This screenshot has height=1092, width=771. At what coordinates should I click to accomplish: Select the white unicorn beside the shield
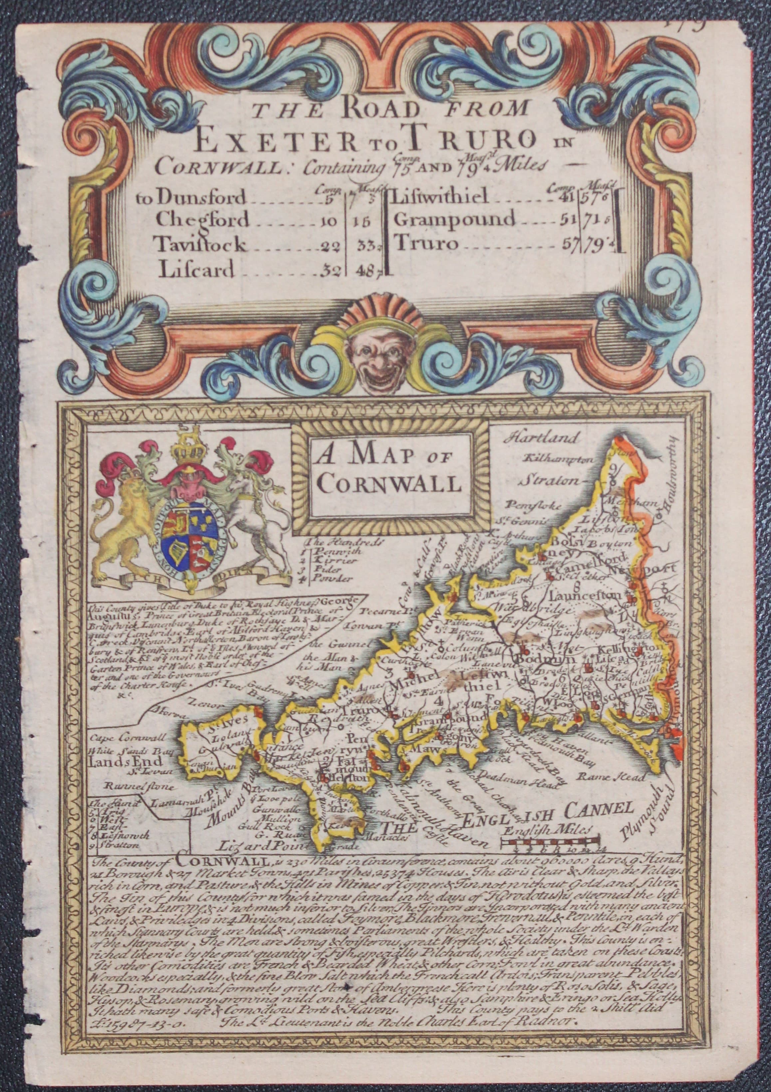(247, 514)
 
